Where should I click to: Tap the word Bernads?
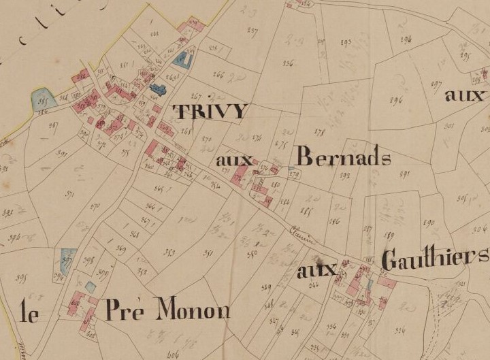[x=344, y=158]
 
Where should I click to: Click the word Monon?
[x=193, y=310]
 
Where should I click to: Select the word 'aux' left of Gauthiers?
[x=317, y=270]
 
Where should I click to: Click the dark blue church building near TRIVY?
[x=159, y=88]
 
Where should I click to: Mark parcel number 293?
[x=346, y=43]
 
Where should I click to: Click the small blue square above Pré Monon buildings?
[x=91, y=287]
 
